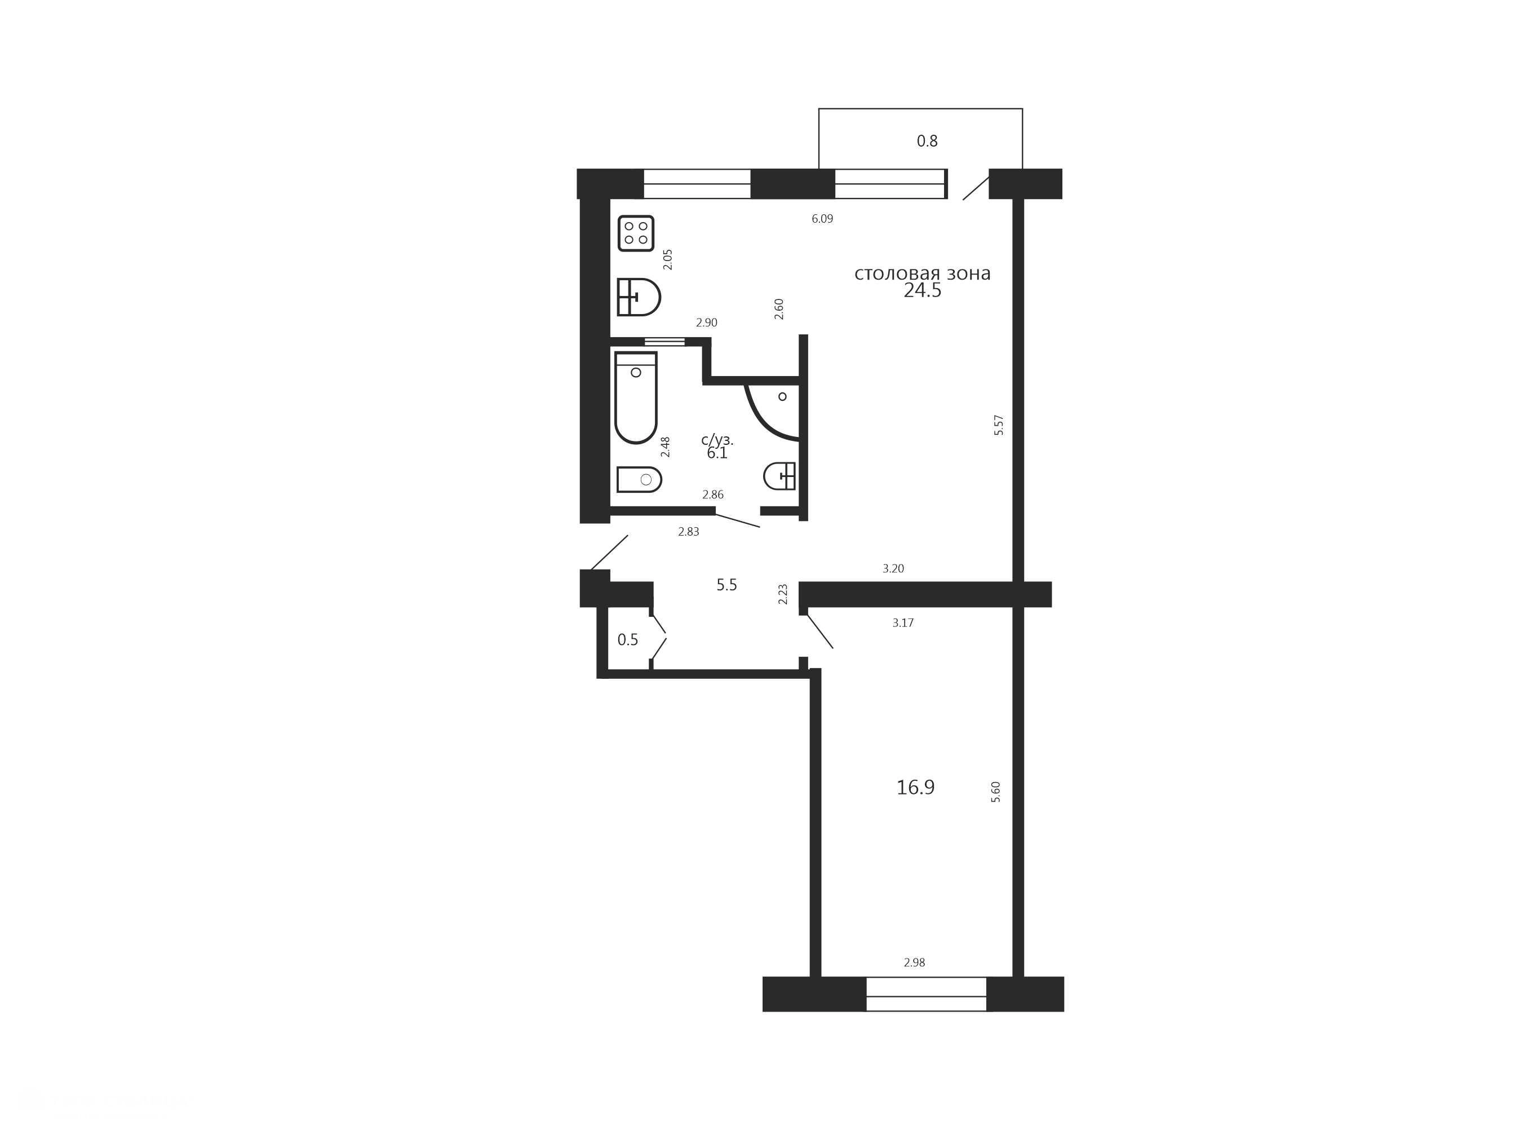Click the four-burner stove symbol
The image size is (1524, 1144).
click(636, 233)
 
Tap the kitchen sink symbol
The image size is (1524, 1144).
click(639, 297)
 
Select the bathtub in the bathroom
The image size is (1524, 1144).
click(636, 397)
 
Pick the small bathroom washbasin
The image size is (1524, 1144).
click(780, 475)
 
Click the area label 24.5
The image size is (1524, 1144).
click(923, 291)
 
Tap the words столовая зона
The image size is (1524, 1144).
click(923, 273)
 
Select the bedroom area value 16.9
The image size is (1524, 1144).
click(916, 787)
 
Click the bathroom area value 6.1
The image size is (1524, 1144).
click(717, 453)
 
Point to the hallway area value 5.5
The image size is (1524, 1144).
click(727, 585)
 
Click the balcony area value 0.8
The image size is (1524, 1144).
click(927, 142)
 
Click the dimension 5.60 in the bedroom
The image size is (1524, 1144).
click(995, 792)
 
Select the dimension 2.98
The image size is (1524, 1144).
click(915, 963)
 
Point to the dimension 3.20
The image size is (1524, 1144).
click(893, 568)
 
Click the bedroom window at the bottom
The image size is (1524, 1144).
click(927, 995)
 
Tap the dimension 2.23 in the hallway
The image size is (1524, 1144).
click(783, 594)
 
